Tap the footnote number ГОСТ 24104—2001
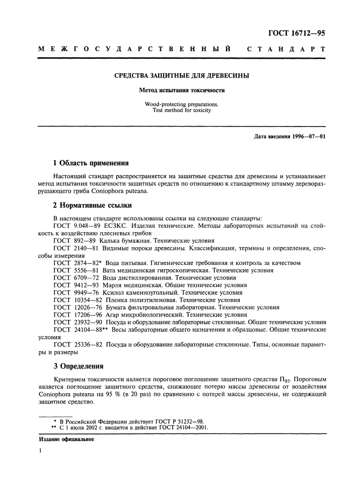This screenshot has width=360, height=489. click(x=181, y=428)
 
